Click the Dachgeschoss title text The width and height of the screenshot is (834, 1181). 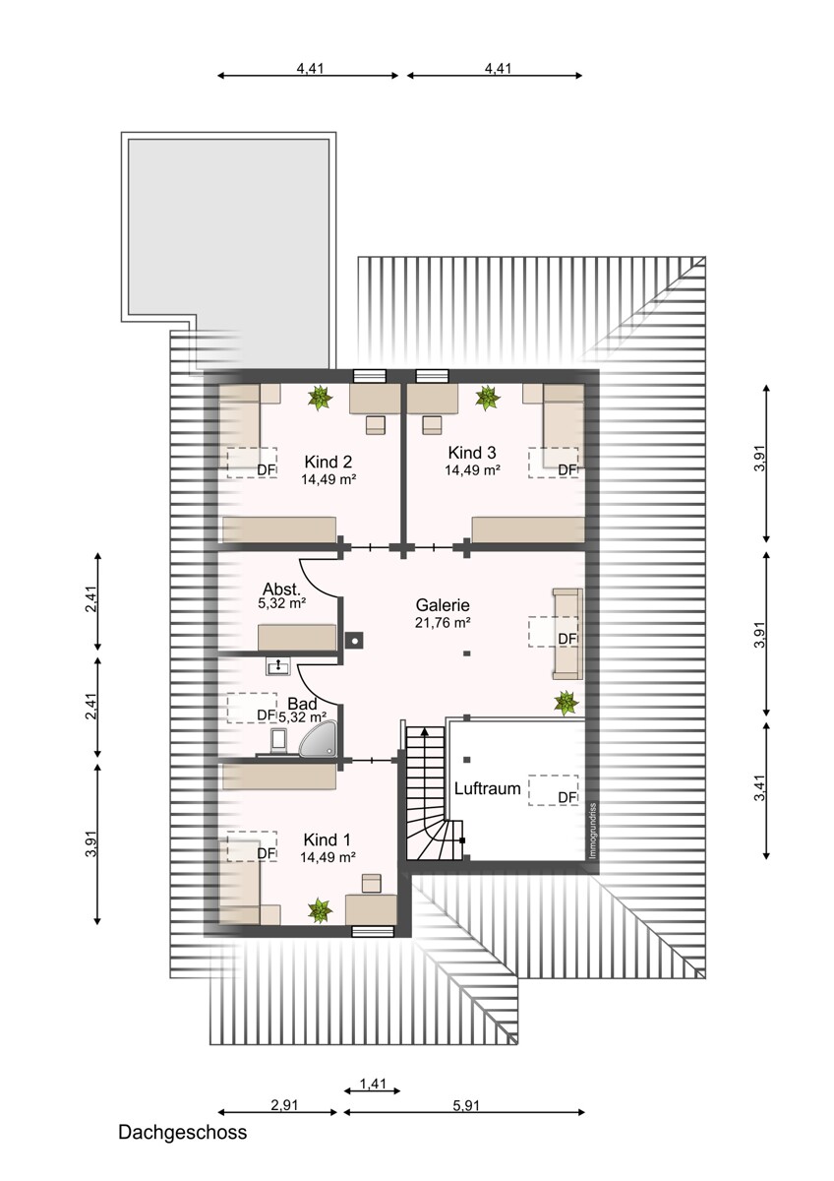pyautogui.click(x=183, y=1132)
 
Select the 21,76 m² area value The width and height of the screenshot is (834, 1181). pyautogui.click(x=443, y=623)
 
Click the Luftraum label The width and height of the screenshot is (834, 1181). pyautogui.click(x=487, y=788)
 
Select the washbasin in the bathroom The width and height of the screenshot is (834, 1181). pyautogui.click(x=277, y=667)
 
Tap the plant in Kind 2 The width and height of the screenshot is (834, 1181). pyautogui.click(x=320, y=398)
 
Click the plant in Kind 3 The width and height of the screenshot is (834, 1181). pyautogui.click(x=487, y=398)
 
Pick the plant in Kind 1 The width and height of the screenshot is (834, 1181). pyautogui.click(x=320, y=910)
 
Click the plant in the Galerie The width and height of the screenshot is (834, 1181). pyautogui.click(x=566, y=702)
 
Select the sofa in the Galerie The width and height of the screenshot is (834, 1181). pyautogui.click(x=567, y=634)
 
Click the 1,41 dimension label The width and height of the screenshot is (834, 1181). pyautogui.click(x=373, y=1085)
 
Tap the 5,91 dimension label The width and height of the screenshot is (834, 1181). pyautogui.click(x=468, y=1105)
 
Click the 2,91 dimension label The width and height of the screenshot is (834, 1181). pyautogui.click(x=284, y=1105)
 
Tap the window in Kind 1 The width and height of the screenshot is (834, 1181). pyautogui.click(x=372, y=929)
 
